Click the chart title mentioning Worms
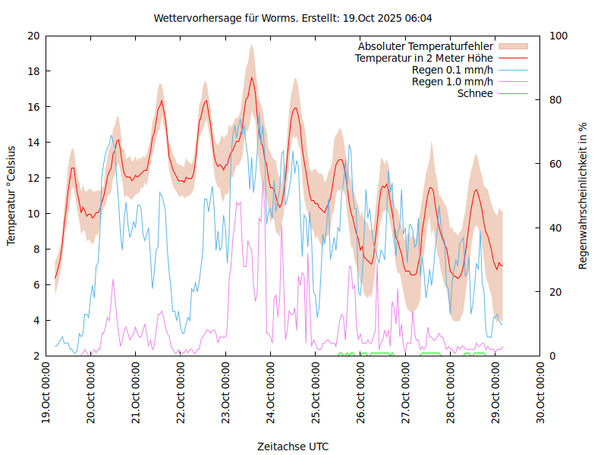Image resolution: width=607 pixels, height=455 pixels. pyautogui.click(x=293, y=17)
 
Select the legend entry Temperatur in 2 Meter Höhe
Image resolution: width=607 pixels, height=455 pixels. pyautogui.click(x=423, y=58)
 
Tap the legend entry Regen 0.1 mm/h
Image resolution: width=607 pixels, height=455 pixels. pyautogui.click(x=452, y=70)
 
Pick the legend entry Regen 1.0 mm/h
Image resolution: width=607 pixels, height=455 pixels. pyautogui.click(x=452, y=81)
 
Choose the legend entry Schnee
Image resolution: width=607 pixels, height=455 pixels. pyautogui.click(x=475, y=93)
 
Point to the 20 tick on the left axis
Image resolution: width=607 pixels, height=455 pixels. pyautogui.click(x=33, y=36)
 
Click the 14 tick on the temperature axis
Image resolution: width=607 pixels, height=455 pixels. pyautogui.click(x=33, y=143)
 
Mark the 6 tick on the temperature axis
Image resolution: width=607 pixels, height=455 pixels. pyautogui.click(x=36, y=285)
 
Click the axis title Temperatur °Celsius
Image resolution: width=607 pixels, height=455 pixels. pyautogui.click(x=11, y=196)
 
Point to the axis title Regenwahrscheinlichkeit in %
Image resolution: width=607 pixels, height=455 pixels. pyautogui.click(x=583, y=196)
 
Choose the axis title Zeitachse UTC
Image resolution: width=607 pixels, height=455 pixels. pyautogui.click(x=293, y=446)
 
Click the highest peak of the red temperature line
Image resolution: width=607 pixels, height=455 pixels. pyautogui.click(x=251, y=77)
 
